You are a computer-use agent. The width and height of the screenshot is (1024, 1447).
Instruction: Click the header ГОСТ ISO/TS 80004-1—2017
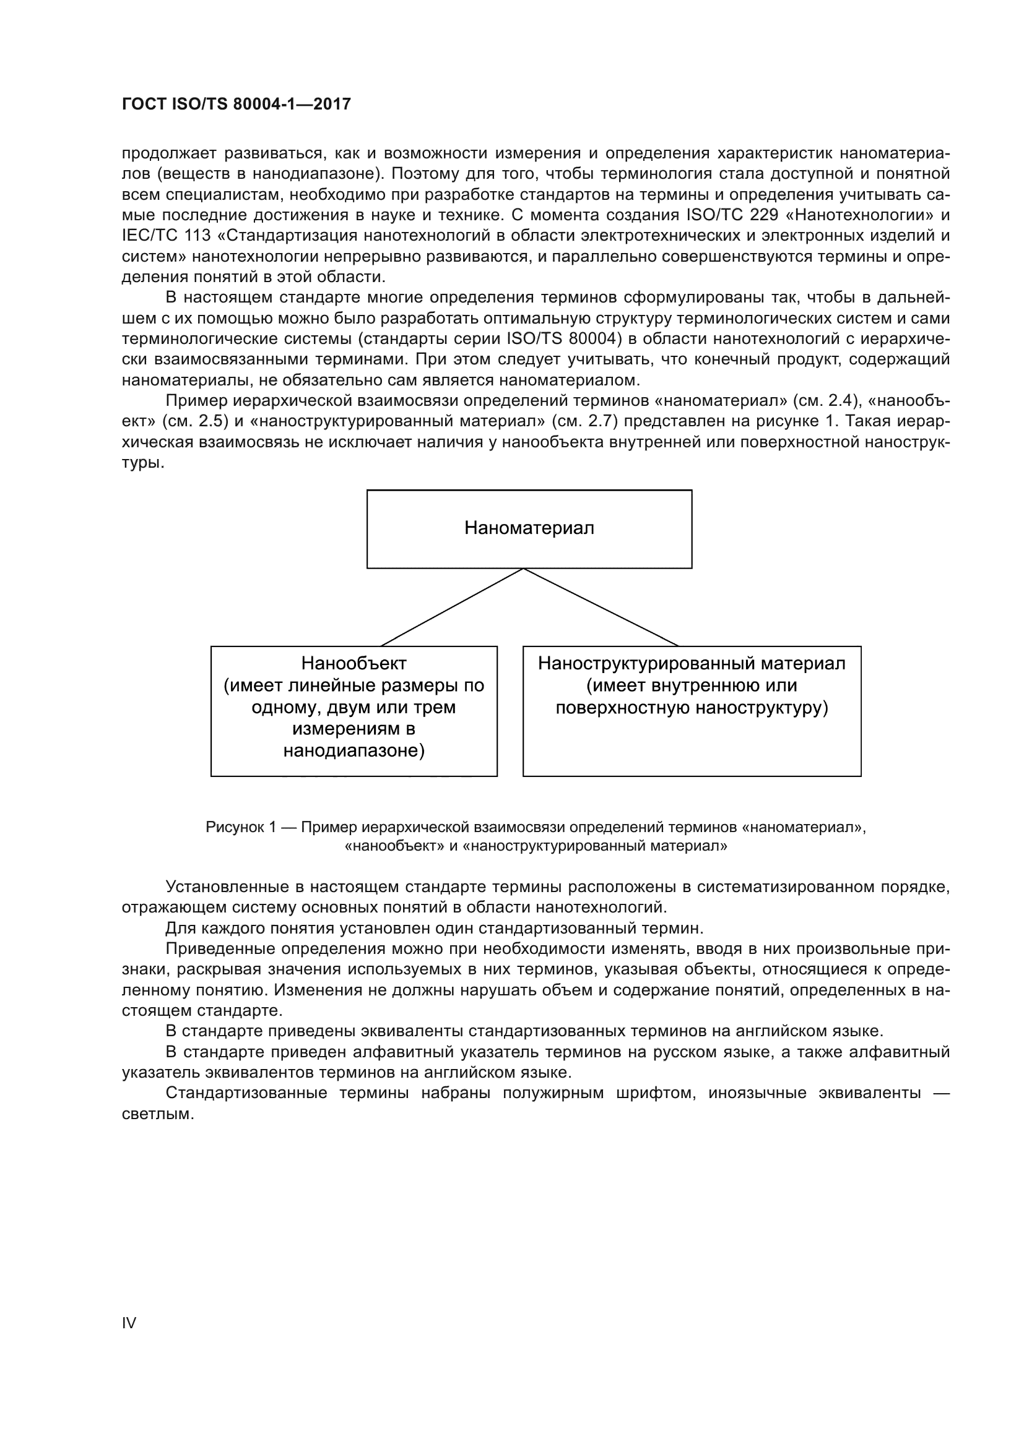pyautogui.click(x=236, y=105)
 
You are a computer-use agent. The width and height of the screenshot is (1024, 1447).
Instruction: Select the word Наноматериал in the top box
pyautogui.click(x=529, y=528)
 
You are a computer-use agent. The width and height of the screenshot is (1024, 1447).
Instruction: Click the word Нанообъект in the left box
pyautogui.click(x=354, y=664)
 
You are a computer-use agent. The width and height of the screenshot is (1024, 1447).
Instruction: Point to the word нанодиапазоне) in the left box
pyautogui.click(x=354, y=750)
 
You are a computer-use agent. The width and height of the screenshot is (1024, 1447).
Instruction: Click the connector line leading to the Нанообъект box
pyautogui.click(x=452, y=607)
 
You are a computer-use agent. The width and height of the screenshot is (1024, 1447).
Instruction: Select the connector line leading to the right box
pyautogui.click(x=601, y=607)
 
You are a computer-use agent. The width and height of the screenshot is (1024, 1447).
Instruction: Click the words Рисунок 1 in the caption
pyautogui.click(x=240, y=828)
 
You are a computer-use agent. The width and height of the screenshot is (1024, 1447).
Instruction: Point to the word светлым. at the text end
pyautogui.click(x=158, y=1114)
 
